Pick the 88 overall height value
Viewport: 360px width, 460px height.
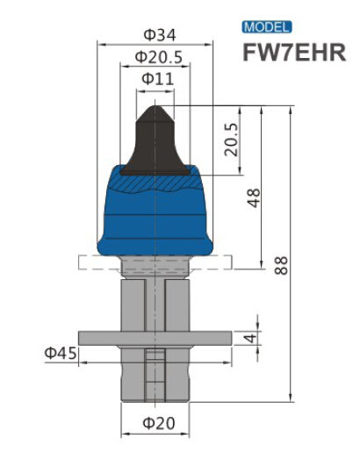pyautogui.click(x=281, y=265)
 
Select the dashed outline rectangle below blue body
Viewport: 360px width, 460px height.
pyautogui.click(x=88, y=262)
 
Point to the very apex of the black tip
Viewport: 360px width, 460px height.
pyautogui.click(x=155, y=106)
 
